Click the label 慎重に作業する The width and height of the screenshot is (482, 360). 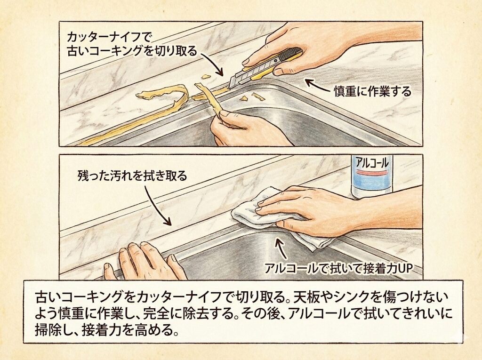point(373,91)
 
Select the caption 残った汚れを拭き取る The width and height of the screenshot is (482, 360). point(132,176)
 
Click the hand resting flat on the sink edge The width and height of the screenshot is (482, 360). point(145,261)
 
